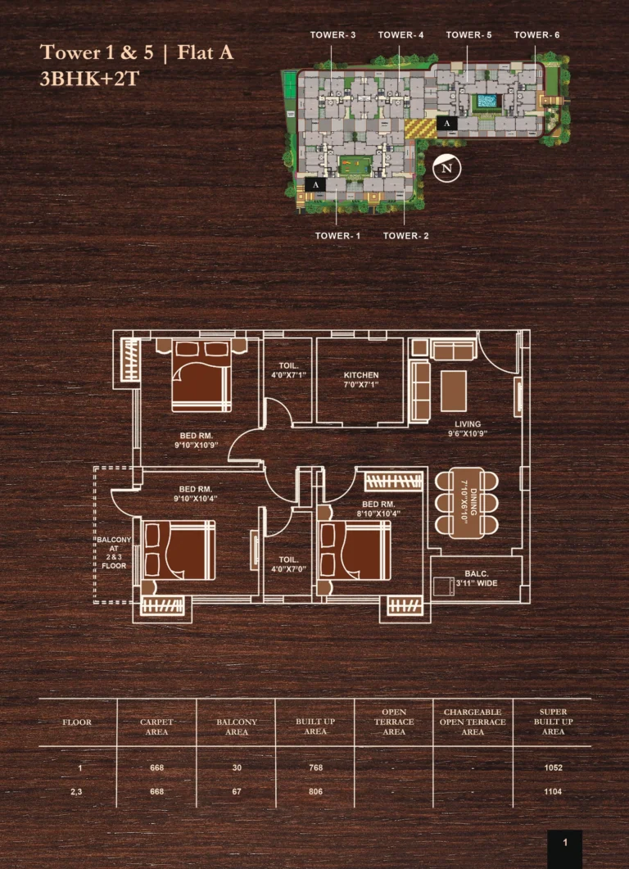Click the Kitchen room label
[x=361, y=375]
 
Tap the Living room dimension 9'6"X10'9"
[x=468, y=433]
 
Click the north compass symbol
[x=446, y=168]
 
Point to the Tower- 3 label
[x=333, y=35]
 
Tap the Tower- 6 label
[x=536, y=35]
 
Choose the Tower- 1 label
[x=337, y=236]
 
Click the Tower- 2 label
[x=405, y=236]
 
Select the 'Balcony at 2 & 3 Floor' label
[x=114, y=553]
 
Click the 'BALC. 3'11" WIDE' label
[x=477, y=578]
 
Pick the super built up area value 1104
[x=553, y=791]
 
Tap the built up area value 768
[x=315, y=767]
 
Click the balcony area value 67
[x=237, y=791]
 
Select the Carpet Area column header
[x=156, y=727]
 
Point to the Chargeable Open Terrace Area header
[x=473, y=722]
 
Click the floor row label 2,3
[x=76, y=792]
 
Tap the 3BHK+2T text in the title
[x=89, y=79]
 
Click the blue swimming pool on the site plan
[x=485, y=102]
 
